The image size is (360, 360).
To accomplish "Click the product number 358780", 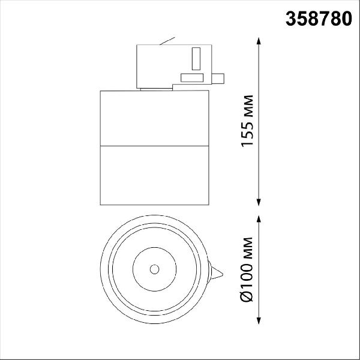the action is coord(319,19).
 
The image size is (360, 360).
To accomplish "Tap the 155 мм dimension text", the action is coord(247,121).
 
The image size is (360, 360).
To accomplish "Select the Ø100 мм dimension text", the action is coord(247,269).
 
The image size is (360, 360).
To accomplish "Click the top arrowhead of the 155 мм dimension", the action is coord(259,41).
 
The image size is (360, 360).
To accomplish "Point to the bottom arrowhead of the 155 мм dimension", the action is coord(259,202).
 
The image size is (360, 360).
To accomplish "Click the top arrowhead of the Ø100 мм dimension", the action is coord(259,219).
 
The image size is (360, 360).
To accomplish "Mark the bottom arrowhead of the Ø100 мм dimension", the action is coord(259,320).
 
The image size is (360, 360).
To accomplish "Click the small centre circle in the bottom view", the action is coord(155,269).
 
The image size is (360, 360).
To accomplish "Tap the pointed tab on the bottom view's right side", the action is coord(217,273).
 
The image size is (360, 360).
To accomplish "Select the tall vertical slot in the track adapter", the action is coord(196,59).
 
